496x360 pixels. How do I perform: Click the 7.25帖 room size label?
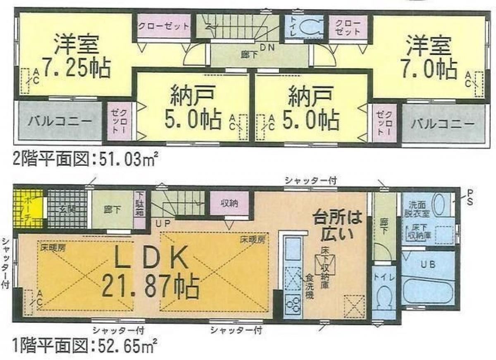pyautogui.click(x=77, y=69)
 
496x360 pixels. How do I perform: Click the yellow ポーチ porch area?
pyautogui.click(x=28, y=208)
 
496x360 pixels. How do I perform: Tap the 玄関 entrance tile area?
pyautogui.click(x=66, y=209)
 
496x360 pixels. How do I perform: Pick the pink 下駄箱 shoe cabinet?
pyautogui.click(x=139, y=209)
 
